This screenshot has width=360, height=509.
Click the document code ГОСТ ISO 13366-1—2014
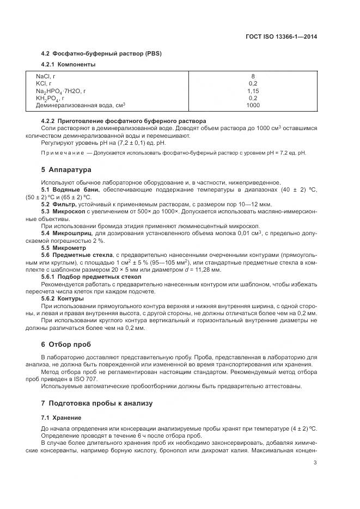click(282, 37)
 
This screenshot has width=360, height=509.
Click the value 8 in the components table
click(253, 76)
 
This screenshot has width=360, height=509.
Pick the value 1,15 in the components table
click(253, 91)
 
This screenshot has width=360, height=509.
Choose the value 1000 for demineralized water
click(253, 106)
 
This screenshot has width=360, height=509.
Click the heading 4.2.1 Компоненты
click(69, 65)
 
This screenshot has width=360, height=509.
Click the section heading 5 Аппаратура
click(66, 170)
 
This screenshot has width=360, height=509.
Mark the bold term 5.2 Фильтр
click(59, 204)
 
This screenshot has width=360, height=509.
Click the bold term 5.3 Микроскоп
click(64, 211)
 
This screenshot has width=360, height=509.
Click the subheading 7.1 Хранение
click(61, 418)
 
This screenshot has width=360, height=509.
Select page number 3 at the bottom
click(315, 463)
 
